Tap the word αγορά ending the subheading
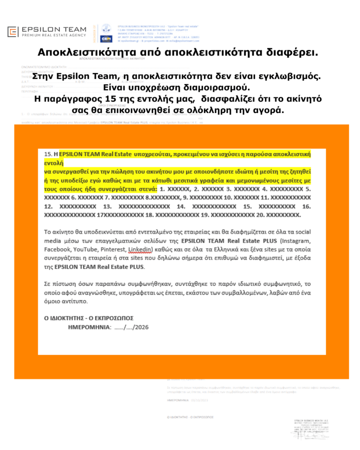point(269,109)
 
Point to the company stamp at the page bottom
point(312,429)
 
